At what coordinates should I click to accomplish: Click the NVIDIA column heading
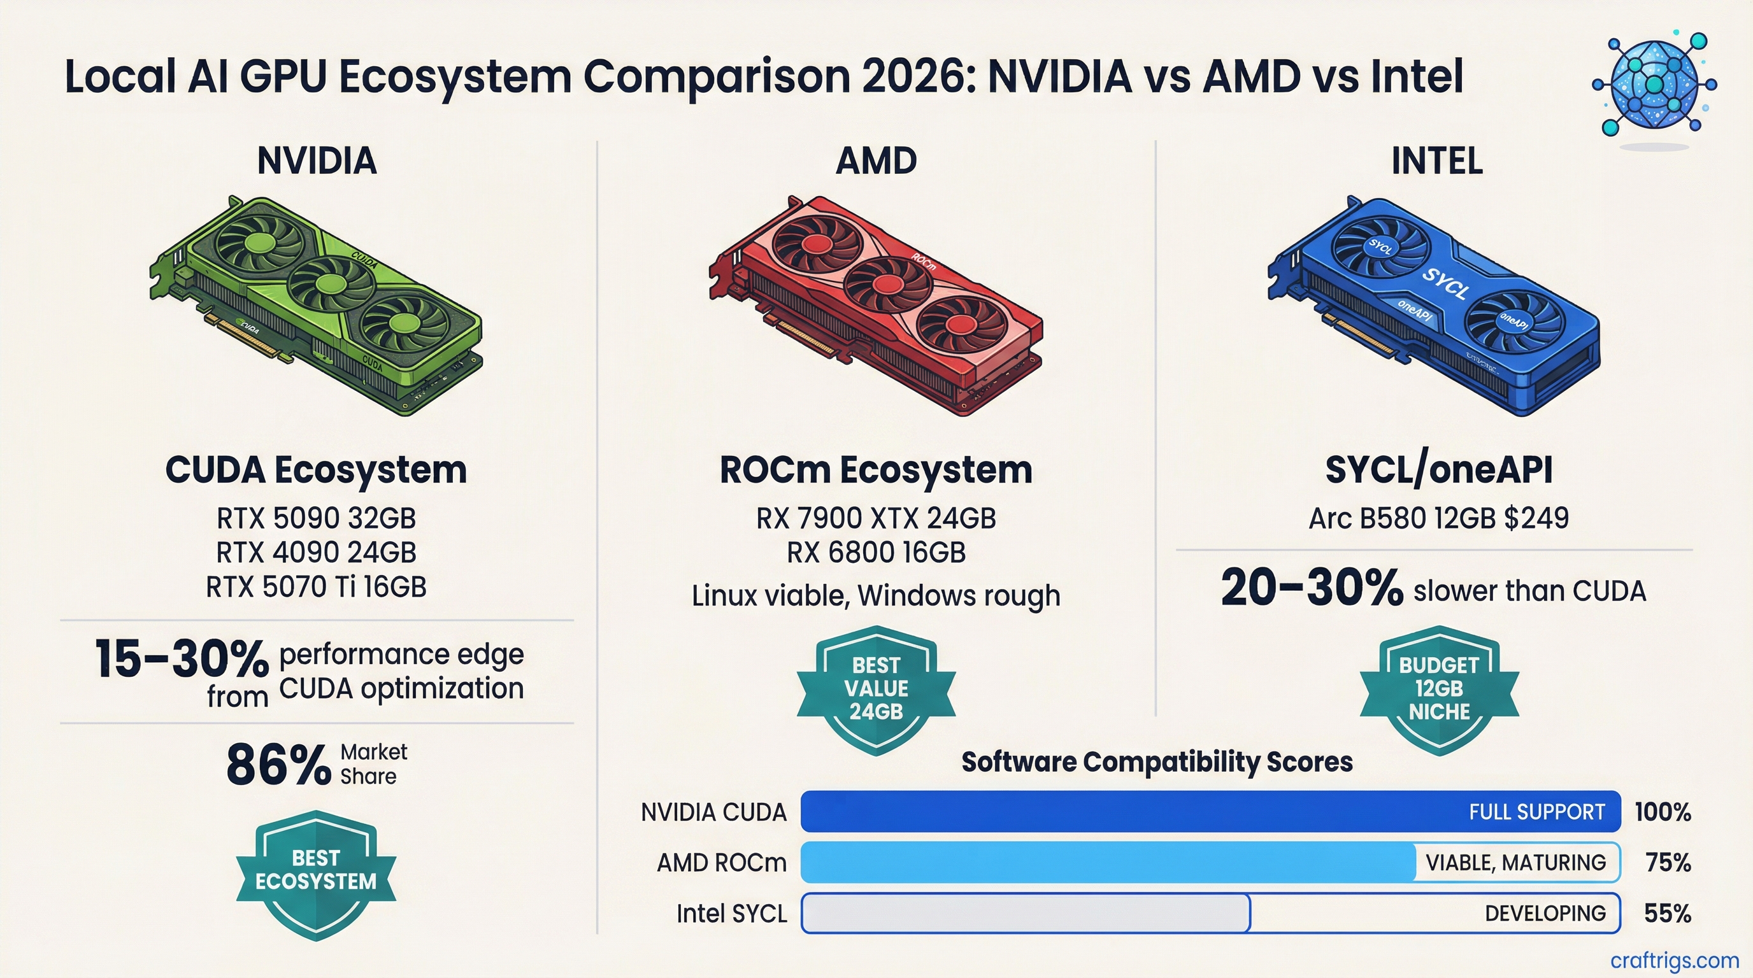(317, 161)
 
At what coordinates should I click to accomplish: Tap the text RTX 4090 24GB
(316, 552)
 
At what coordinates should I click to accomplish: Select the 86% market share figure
(278, 765)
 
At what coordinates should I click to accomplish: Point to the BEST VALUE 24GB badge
(876, 688)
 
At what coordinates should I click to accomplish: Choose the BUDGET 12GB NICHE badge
(1438, 688)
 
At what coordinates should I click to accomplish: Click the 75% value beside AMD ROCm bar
(1667, 862)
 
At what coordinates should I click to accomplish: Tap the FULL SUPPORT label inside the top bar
(1536, 812)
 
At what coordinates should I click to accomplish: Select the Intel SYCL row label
(731, 914)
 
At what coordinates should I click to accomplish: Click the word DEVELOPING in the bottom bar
(1545, 914)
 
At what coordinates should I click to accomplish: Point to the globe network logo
(1654, 85)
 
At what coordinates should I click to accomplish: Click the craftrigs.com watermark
(1674, 960)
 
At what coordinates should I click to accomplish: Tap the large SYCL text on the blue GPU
(1445, 282)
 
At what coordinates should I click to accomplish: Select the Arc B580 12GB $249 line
(1438, 518)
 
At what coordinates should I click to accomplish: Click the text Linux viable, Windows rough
(876, 596)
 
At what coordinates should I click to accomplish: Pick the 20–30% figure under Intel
(1312, 588)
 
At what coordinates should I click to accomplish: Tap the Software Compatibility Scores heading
(1156, 762)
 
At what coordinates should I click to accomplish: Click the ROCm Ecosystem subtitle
(876, 470)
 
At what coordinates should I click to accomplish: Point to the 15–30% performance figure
(182, 659)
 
